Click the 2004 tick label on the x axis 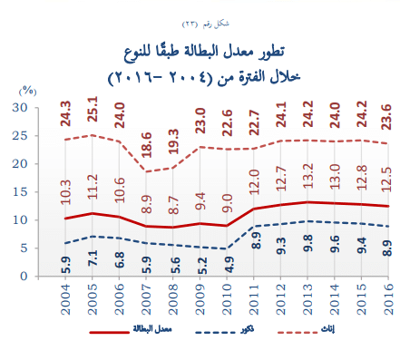point(66,302)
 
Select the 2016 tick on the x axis point(386,302)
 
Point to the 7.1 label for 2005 point(93,257)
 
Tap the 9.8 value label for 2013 point(307,241)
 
